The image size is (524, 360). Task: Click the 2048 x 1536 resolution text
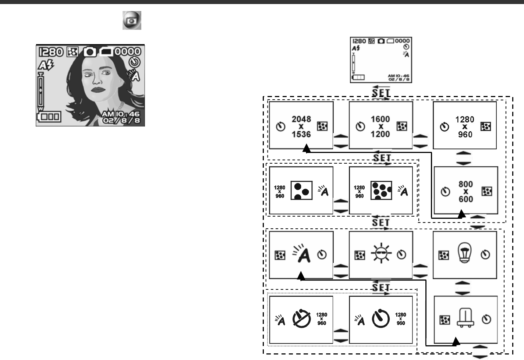click(x=301, y=126)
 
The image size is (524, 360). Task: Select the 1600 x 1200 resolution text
click(x=380, y=126)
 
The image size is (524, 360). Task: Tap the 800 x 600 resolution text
click(x=465, y=192)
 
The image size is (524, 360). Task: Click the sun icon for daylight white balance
click(x=381, y=254)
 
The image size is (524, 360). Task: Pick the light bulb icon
click(x=465, y=253)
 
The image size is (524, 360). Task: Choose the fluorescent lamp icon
click(x=465, y=317)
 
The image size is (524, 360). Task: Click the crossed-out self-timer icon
click(x=301, y=318)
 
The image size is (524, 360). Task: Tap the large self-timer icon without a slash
click(x=381, y=318)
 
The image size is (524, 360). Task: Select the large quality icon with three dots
click(x=301, y=190)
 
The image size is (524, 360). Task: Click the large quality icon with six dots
click(x=381, y=190)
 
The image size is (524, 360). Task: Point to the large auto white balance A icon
click(x=302, y=253)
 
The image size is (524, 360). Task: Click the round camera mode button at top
click(x=132, y=20)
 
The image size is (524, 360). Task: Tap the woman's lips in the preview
click(x=98, y=89)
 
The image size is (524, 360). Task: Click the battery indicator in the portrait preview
click(x=49, y=117)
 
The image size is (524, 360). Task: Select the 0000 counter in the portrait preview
click(x=127, y=51)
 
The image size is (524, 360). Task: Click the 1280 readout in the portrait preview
click(x=51, y=52)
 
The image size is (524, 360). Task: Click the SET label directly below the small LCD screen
click(x=380, y=92)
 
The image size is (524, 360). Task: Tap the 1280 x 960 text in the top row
click(x=465, y=127)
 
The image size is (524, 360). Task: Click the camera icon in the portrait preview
click(x=89, y=52)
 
